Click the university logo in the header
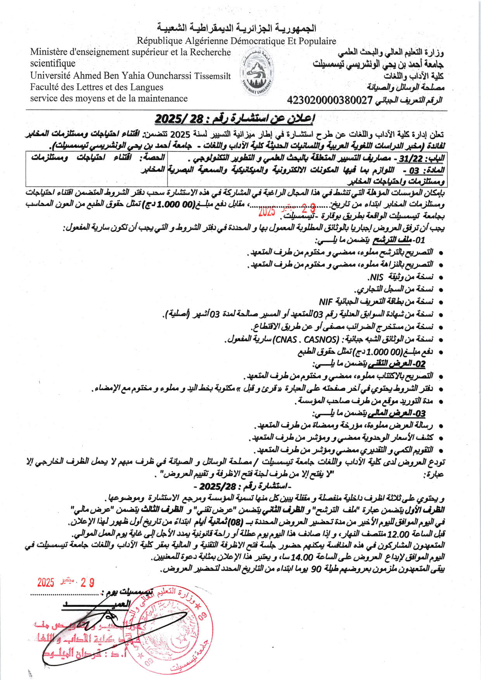click(256, 74)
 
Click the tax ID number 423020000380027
click(330, 100)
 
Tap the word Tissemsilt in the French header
click(213, 76)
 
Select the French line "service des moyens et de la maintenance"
click(109, 98)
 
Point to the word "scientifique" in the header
click(53, 64)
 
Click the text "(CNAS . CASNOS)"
click(306, 340)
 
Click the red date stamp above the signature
click(66, 582)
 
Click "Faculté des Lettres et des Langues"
click(97, 87)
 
